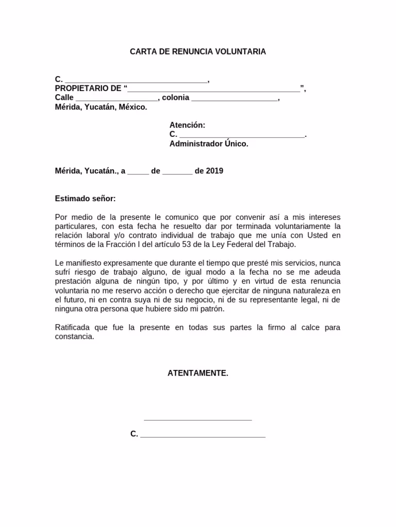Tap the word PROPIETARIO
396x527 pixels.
coord(81,89)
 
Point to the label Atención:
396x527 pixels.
coord(187,125)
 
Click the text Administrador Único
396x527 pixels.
coord(209,144)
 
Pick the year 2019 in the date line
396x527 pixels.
coord(214,171)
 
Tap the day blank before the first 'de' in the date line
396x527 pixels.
coord(138,172)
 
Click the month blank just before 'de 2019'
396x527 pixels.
coord(177,172)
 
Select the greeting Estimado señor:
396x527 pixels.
coord(86,199)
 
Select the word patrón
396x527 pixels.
coord(213,309)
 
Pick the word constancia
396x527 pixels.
coord(75,337)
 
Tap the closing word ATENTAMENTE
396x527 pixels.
coord(197,373)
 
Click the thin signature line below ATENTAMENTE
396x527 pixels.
coord(197,420)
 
